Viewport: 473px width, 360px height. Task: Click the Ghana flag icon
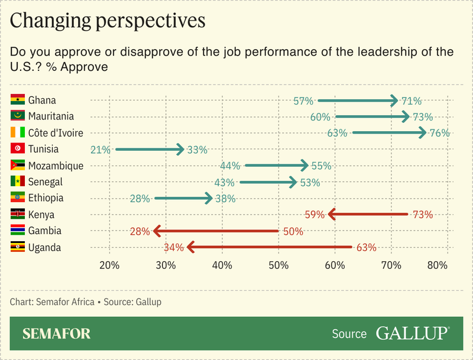click(17, 100)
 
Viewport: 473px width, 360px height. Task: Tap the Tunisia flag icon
click(17, 150)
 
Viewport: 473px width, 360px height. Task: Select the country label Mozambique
click(56, 166)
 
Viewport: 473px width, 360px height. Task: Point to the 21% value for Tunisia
click(101, 150)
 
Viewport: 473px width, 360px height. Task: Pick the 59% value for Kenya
click(315, 215)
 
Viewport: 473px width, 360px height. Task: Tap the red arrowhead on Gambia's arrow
click(156, 231)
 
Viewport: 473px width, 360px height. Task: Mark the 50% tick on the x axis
click(278, 265)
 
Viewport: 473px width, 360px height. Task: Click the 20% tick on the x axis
click(109, 265)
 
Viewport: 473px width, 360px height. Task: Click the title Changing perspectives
click(108, 21)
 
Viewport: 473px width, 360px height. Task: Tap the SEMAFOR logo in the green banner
click(57, 334)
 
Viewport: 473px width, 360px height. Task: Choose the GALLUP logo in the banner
click(412, 333)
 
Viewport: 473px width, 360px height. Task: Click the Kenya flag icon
click(17, 215)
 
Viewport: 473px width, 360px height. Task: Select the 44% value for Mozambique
click(231, 166)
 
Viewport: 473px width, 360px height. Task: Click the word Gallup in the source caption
click(147, 302)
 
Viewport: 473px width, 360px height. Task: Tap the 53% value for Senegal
click(310, 183)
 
